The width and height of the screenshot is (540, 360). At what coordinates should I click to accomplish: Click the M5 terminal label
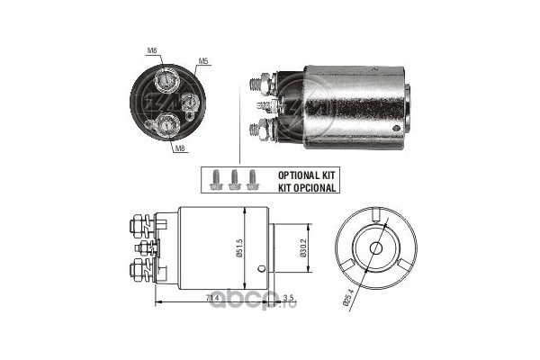tap(202, 61)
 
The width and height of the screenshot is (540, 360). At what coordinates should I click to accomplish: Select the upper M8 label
tap(152, 50)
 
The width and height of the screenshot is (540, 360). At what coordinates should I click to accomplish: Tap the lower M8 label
tap(180, 148)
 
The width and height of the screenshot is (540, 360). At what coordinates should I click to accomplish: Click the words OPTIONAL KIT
tap(306, 175)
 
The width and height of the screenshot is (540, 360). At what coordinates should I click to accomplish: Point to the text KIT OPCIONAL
tap(307, 188)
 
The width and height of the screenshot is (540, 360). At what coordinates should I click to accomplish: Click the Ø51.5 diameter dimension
tap(239, 248)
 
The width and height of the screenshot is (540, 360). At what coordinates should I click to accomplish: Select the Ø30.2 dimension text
tap(302, 248)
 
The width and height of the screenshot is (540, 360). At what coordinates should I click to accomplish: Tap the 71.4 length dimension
tap(212, 298)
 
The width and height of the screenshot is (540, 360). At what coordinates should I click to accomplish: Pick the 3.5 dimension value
tap(288, 298)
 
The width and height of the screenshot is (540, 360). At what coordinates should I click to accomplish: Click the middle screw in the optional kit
tap(234, 180)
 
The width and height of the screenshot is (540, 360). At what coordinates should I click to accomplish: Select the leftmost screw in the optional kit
tap(216, 180)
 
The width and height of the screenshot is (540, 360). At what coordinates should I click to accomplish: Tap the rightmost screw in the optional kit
tap(252, 179)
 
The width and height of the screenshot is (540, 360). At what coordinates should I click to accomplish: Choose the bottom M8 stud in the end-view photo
tap(167, 126)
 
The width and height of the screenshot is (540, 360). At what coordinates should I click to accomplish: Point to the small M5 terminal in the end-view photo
tap(188, 103)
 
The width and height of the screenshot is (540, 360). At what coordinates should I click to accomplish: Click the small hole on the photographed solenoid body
tap(396, 129)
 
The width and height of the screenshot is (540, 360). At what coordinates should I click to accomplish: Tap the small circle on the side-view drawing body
tap(261, 269)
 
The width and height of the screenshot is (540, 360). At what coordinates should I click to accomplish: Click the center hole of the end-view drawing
tap(375, 247)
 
